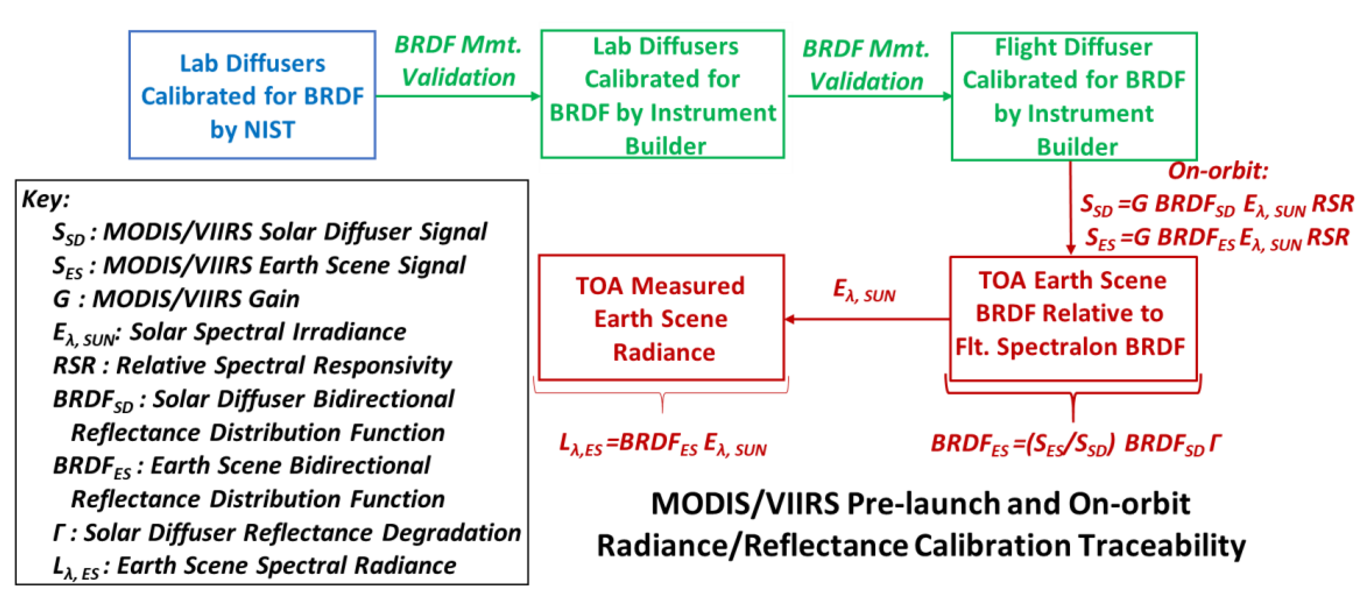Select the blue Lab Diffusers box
(252, 95)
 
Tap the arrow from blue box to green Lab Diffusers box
(458, 96)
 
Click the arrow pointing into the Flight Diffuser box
(869, 96)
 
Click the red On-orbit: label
(1218, 171)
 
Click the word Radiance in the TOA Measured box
(664, 352)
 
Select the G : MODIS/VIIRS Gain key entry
(176, 299)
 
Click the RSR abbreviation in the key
(74, 365)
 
